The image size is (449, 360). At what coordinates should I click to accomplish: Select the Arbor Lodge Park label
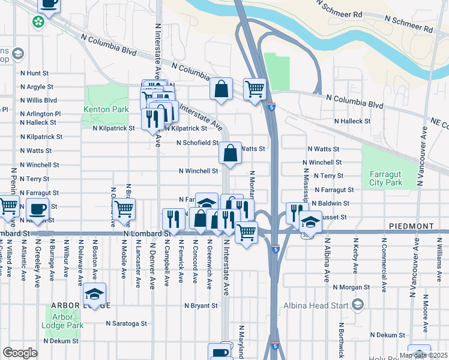62,321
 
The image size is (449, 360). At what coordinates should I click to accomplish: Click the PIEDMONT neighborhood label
410,226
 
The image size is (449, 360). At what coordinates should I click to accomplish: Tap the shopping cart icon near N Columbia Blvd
255,89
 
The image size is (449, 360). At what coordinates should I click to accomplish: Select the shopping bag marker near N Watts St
231,153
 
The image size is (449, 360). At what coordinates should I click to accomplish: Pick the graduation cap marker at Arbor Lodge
94,293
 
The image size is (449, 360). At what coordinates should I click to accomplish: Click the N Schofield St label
197,143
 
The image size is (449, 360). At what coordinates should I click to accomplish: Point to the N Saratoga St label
126,323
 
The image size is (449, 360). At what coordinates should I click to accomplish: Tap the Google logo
20,353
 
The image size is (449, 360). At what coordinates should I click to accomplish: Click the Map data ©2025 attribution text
423,355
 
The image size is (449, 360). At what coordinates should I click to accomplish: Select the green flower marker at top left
38,22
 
